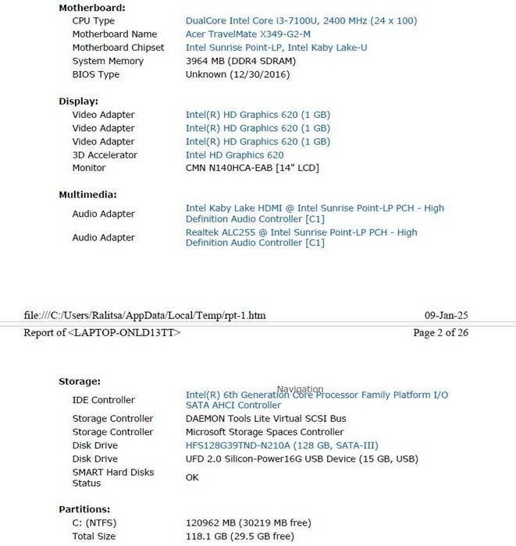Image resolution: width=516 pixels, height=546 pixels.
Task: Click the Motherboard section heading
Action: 91,7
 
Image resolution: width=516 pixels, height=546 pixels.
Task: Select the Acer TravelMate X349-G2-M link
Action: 247,34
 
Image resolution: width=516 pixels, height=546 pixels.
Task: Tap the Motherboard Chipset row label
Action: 118,48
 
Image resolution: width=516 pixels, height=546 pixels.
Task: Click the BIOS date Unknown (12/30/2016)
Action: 237,74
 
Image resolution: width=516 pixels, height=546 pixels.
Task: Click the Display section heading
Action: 78,101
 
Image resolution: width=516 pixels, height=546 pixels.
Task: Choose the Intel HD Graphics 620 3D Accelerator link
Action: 234,155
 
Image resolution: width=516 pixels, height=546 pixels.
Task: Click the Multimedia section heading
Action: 87,195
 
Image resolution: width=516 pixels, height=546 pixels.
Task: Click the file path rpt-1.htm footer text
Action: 144,316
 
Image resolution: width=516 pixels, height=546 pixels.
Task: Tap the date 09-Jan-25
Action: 446,316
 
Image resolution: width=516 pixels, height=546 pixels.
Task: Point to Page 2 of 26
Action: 440,333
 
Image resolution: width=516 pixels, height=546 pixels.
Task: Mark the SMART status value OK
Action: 192,477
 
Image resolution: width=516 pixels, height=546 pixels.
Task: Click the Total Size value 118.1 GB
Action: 239,537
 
